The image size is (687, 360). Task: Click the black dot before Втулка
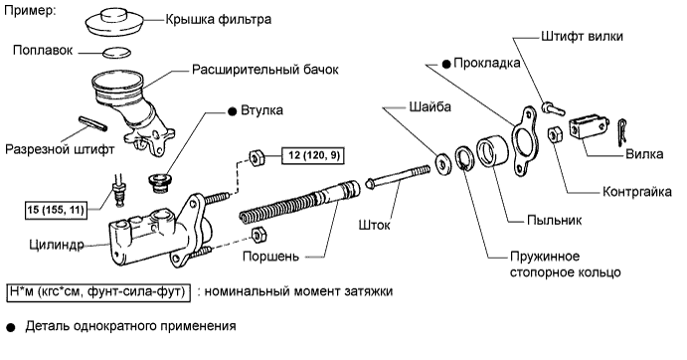pyautogui.click(x=232, y=110)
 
